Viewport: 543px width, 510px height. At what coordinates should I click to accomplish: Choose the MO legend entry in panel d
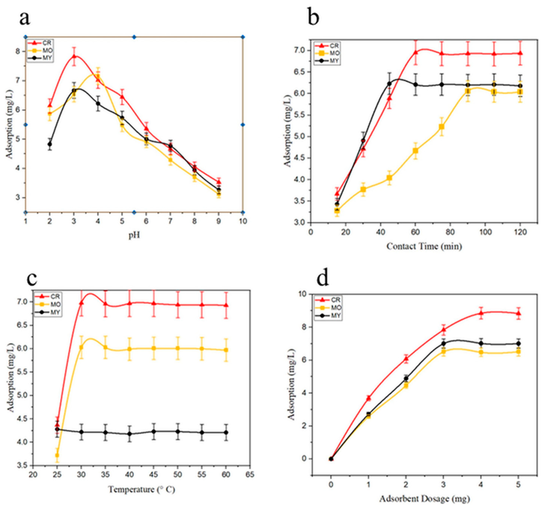[x=328, y=308]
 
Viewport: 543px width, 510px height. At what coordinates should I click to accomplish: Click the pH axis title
[x=134, y=235]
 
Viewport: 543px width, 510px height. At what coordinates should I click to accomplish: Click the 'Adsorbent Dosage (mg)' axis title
[x=425, y=499]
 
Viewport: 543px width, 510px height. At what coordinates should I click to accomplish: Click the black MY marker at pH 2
[x=50, y=144]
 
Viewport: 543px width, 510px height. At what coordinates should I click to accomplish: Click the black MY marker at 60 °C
[x=226, y=432]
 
